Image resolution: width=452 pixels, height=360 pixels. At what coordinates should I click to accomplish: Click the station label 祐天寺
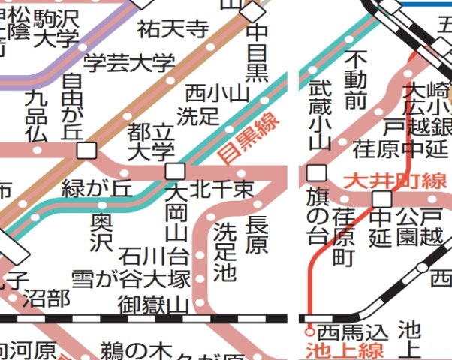point(173,29)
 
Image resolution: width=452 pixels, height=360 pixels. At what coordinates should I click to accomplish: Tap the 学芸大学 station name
point(128,63)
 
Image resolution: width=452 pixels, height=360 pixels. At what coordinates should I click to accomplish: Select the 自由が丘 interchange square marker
point(86,150)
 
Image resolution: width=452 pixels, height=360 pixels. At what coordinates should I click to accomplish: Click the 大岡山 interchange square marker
point(175,170)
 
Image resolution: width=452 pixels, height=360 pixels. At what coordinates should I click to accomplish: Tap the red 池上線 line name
point(345,350)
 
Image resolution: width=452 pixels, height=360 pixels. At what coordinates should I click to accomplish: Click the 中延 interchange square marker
point(382,198)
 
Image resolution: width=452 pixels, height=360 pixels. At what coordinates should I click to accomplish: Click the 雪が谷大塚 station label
point(131,279)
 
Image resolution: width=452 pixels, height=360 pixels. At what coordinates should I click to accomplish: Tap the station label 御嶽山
point(154,304)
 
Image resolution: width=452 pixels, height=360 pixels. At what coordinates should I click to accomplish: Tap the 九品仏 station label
point(36,116)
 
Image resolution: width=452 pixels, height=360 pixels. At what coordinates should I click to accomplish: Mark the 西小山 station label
point(216,93)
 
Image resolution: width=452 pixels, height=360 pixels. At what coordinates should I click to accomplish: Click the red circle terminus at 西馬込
point(308,330)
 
